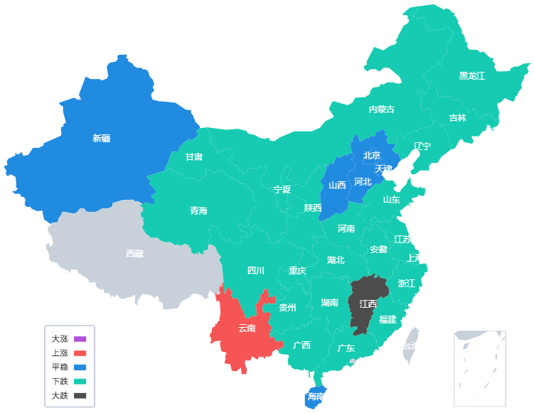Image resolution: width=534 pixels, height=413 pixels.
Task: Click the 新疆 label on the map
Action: coord(102,138)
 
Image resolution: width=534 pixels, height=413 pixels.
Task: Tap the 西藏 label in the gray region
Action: coord(134,253)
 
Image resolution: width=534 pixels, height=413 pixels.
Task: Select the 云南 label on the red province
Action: coord(247,328)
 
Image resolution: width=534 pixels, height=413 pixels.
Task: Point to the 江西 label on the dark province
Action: coord(368,304)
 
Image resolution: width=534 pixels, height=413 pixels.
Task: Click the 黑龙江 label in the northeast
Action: coord(471,75)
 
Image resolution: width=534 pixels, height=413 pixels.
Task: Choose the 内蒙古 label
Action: coord(381,109)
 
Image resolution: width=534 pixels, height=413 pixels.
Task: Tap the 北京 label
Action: coord(371,155)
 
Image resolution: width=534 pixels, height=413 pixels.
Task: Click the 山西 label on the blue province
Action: coord(337,185)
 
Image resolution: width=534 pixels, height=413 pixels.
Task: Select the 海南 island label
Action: coord(315,397)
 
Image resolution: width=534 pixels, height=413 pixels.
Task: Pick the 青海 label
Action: coord(198,210)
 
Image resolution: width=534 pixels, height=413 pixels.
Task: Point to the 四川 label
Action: coord(255,270)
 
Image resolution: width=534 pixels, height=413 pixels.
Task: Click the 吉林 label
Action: coord(458,118)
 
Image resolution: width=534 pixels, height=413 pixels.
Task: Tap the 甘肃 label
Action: coord(194,156)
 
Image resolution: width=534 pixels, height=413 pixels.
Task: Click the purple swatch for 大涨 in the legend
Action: coord(80,339)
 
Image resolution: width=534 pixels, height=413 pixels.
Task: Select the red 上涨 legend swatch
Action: coord(80,353)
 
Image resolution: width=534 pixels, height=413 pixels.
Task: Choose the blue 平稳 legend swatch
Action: coord(80,368)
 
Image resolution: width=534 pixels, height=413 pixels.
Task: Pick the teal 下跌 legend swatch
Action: coord(80,382)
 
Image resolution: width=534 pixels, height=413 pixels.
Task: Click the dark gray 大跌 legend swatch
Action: coord(80,396)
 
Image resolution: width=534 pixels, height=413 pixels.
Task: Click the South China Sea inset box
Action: coord(481,368)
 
